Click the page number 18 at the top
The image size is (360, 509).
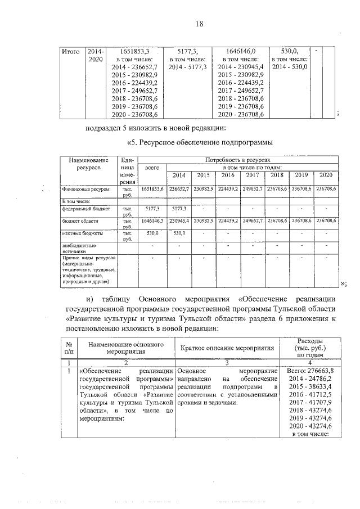[x=199, y=23]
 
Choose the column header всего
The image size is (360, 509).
[x=152, y=168]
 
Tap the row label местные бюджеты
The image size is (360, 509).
[x=81, y=232]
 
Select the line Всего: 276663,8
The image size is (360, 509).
[x=310, y=371]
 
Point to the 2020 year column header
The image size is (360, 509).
[x=326, y=175]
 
